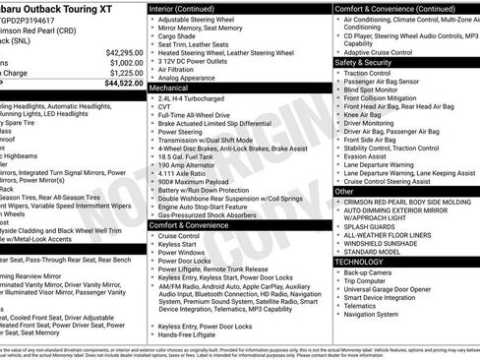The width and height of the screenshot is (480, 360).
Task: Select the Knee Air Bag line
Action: coord(367,115)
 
